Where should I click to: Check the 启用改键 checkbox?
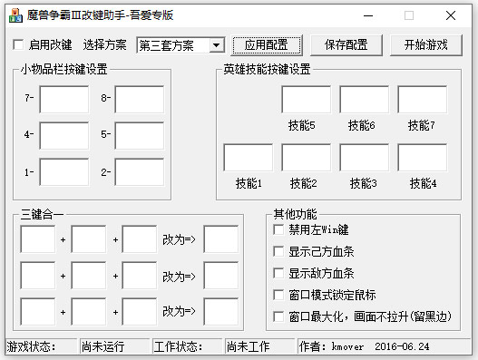(18, 44)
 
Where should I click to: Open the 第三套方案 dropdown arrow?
(216, 45)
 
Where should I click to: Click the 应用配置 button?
(266, 44)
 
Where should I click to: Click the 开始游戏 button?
(426, 44)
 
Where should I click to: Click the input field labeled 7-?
(63, 99)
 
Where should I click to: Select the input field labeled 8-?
(139, 99)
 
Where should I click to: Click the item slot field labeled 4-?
(63, 135)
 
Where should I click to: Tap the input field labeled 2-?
(139, 171)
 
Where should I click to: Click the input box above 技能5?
(306, 100)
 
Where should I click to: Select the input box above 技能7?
(422, 100)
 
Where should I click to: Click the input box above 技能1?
(248, 157)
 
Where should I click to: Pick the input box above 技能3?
(364, 157)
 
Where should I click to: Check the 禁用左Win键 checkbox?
(278, 229)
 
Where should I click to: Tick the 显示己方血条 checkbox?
(278, 251)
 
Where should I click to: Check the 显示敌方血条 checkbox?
(278, 273)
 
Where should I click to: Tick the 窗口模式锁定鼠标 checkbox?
(278, 295)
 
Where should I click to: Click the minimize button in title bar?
(366, 15)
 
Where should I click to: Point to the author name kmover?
(348, 346)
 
